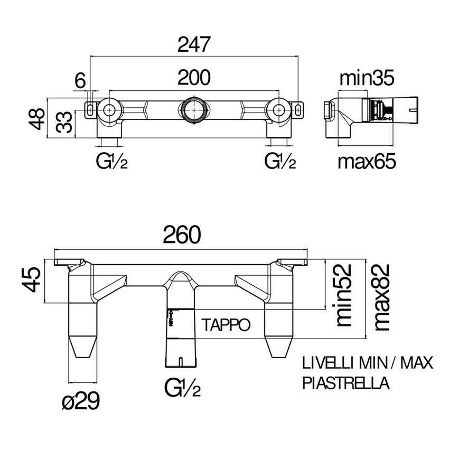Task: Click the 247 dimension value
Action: pyautogui.click(x=194, y=45)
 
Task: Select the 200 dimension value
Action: pyautogui.click(x=194, y=78)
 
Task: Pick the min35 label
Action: pyautogui.click(x=366, y=79)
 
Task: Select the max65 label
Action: pyautogui.click(x=367, y=162)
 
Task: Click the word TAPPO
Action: pyautogui.click(x=224, y=324)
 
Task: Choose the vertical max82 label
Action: pyautogui.click(x=381, y=297)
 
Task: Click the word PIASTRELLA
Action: pyautogui.click(x=346, y=383)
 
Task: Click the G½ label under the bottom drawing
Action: pyautogui.click(x=182, y=389)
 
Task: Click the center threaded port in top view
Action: pyautogui.click(x=193, y=110)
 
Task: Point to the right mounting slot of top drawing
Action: pyautogui.click(x=300, y=109)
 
